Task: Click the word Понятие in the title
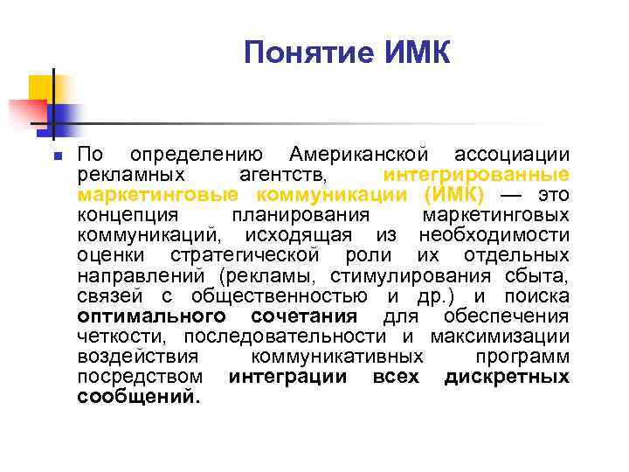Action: (x=303, y=54)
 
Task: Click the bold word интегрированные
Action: (x=476, y=174)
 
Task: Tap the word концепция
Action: (x=128, y=214)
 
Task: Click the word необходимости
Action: (x=494, y=234)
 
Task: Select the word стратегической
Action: (x=245, y=255)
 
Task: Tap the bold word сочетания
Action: (x=303, y=316)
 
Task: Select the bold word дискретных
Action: (x=507, y=377)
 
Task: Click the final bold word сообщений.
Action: (x=138, y=397)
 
